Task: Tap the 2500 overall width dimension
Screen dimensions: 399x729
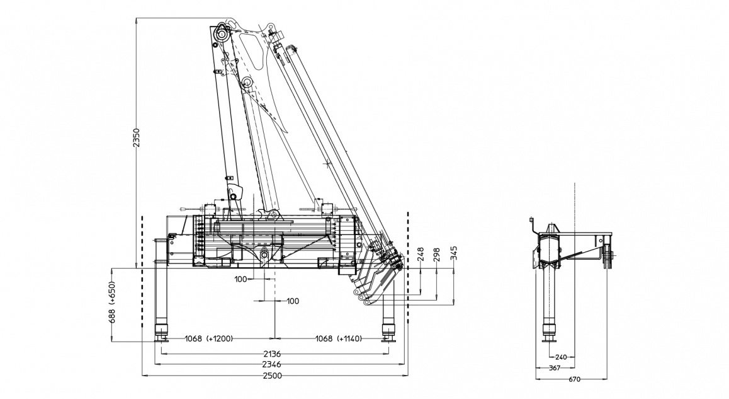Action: click(272, 376)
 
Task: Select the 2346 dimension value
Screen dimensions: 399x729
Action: click(272, 364)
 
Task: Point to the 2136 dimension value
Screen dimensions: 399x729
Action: click(272, 354)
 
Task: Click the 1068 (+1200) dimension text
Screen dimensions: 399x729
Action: click(208, 338)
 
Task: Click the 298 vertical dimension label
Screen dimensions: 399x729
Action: click(437, 255)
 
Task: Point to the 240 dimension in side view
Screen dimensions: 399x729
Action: click(561, 357)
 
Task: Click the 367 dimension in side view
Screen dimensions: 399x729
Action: click(554, 367)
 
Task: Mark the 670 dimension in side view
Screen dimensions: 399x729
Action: click(574, 379)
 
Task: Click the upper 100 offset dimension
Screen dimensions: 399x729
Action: click(240, 278)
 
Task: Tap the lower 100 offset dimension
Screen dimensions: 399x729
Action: click(292, 301)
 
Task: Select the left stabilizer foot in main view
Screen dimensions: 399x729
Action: click(162, 332)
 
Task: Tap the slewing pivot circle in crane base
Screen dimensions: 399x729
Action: click(265, 255)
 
